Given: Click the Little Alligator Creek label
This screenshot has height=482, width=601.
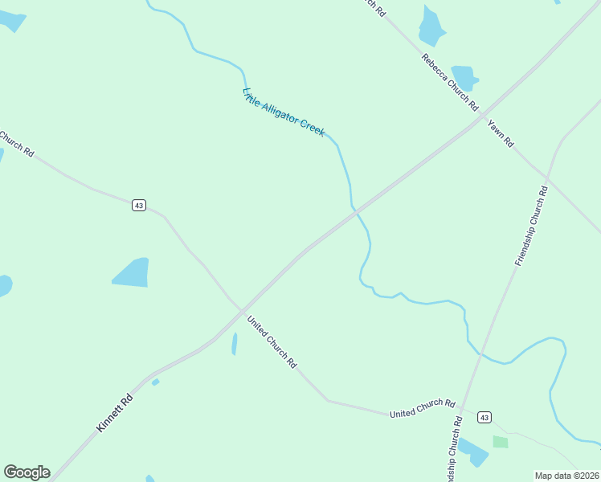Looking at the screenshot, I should pos(284,112).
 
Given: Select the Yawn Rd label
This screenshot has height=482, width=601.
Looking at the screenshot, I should pos(499,133).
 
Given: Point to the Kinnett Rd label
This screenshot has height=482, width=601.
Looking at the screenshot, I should pos(113,413).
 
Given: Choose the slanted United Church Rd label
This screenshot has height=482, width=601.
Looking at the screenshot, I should pos(272,341).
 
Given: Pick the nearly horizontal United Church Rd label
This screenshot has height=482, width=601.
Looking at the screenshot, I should pos(422,408).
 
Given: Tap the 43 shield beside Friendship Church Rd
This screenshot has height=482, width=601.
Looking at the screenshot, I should pos(484,417).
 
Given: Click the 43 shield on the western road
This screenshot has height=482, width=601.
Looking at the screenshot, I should pos(139,206).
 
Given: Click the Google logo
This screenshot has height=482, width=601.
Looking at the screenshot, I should pos(27,472).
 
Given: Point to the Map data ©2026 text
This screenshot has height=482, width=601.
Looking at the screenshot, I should pos(566,476).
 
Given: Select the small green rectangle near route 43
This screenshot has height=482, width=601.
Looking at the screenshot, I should pos(501,442).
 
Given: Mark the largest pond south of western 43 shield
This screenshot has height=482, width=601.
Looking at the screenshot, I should pos(132,273).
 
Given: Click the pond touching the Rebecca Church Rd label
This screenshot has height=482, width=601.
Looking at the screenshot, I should pos(464,76).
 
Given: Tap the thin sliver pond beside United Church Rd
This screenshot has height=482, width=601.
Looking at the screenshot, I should pos(234,344).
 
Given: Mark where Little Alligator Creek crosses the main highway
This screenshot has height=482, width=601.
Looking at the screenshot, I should pos(354,209).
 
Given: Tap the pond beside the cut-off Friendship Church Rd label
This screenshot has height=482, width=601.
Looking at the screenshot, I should pos(472,452).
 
